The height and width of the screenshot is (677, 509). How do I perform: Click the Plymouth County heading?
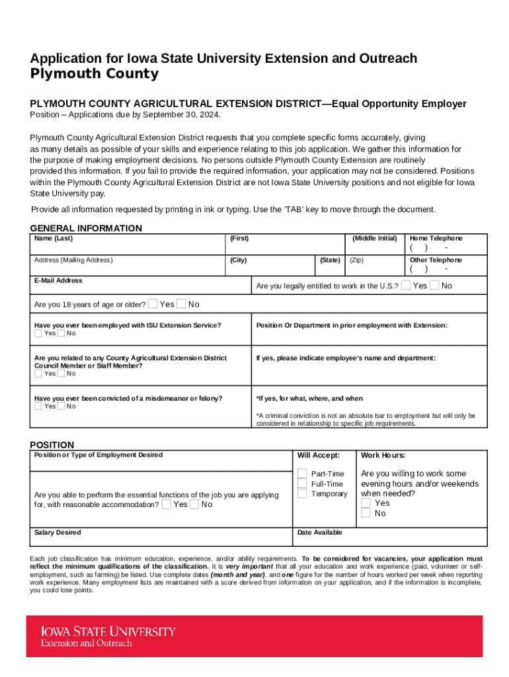95,74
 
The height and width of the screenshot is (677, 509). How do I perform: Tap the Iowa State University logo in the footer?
108,636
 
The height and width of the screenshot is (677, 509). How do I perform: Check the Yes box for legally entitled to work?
406,285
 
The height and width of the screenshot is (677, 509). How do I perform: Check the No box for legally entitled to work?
434,285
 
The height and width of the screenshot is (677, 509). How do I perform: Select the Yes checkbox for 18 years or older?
153,304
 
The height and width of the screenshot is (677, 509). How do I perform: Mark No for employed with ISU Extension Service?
61,333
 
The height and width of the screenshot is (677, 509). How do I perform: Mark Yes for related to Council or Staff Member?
38,374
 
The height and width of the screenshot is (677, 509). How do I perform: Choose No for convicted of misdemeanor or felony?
61,406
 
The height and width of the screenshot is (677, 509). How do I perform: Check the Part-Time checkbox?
302,473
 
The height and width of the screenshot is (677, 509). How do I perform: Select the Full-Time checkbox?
302,484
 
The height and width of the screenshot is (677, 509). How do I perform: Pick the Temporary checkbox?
302,494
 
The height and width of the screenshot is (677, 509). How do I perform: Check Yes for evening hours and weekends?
366,503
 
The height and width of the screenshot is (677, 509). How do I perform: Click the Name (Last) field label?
54,238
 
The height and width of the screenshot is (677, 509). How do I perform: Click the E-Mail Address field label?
58,280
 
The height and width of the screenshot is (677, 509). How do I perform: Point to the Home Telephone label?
436,238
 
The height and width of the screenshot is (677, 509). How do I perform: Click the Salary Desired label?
58,532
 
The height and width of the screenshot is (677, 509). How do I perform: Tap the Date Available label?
320,532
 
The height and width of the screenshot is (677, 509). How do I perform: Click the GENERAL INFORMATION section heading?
86,228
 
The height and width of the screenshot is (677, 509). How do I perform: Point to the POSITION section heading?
52,445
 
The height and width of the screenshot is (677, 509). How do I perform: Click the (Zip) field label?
357,260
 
